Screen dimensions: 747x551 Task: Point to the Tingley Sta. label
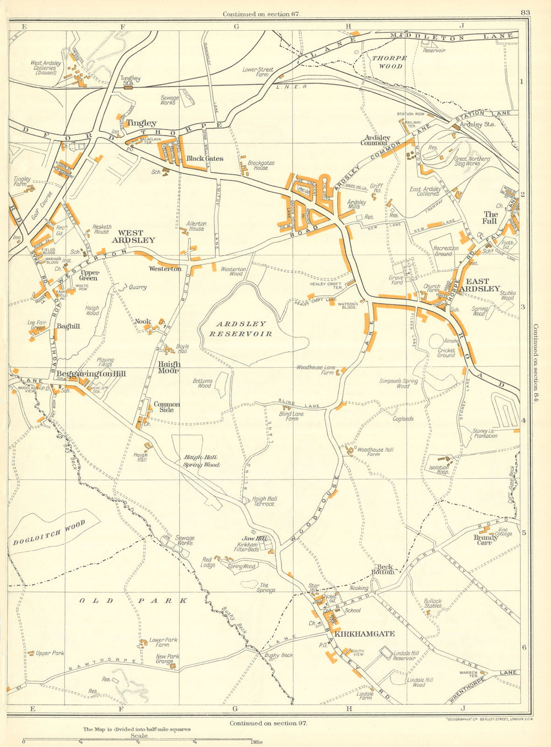click(x=128, y=80)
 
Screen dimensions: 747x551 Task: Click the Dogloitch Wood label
click(x=49, y=533)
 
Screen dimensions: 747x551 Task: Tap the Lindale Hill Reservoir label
click(x=404, y=655)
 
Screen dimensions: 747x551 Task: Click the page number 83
click(x=524, y=13)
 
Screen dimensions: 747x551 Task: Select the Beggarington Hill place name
click(x=91, y=374)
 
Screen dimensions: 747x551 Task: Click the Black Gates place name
click(x=204, y=158)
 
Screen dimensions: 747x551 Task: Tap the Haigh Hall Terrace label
click(x=264, y=501)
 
